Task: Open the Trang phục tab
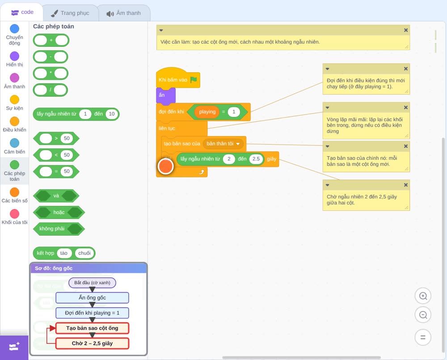pyautogui.click(x=70, y=13)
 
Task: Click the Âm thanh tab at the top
pyautogui.click(x=124, y=13)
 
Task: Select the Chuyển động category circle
pyautogui.click(x=15, y=29)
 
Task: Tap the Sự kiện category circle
pyautogui.click(x=15, y=100)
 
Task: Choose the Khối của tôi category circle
pyautogui.click(x=15, y=213)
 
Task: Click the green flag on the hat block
pyautogui.click(x=194, y=80)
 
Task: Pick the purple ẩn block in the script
pyautogui.click(x=166, y=95)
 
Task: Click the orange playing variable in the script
pyautogui.click(x=207, y=112)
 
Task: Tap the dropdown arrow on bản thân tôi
pyautogui.click(x=238, y=144)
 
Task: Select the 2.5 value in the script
pyautogui.click(x=256, y=159)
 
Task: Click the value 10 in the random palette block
pyautogui.click(x=111, y=114)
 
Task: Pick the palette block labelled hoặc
pyautogui.click(x=59, y=212)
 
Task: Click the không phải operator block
pyautogui.click(x=59, y=229)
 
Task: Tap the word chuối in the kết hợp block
pyautogui.click(x=84, y=253)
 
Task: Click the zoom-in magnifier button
pyautogui.click(x=423, y=296)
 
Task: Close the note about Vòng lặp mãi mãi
pyautogui.click(x=406, y=107)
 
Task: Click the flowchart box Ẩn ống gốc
pyautogui.click(x=92, y=297)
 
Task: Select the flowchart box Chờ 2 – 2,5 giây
pyautogui.click(x=92, y=343)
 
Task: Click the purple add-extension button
pyautogui.click(x=14, y=347)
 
